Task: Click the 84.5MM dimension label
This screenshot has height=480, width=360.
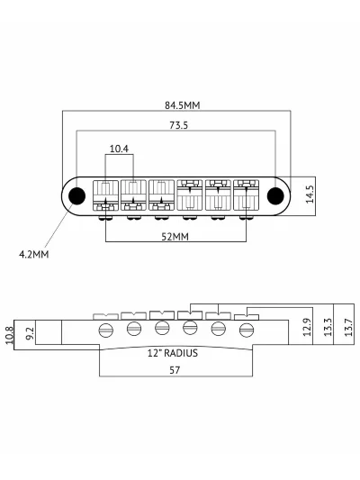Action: [183, 105]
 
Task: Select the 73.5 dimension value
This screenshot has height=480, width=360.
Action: [178, 125]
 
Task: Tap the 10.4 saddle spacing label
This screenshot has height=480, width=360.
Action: [119, 149]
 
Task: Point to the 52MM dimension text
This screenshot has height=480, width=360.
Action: [175, 237]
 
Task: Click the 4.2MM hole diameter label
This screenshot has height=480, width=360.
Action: [33, 254]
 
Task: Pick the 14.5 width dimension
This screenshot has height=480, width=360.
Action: [310, 195]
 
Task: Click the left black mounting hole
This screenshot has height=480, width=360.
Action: [76, 195]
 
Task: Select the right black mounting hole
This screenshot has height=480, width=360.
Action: [275, 195]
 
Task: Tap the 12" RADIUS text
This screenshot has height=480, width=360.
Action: [173, 353]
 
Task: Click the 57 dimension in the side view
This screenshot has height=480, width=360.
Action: [175, 370]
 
